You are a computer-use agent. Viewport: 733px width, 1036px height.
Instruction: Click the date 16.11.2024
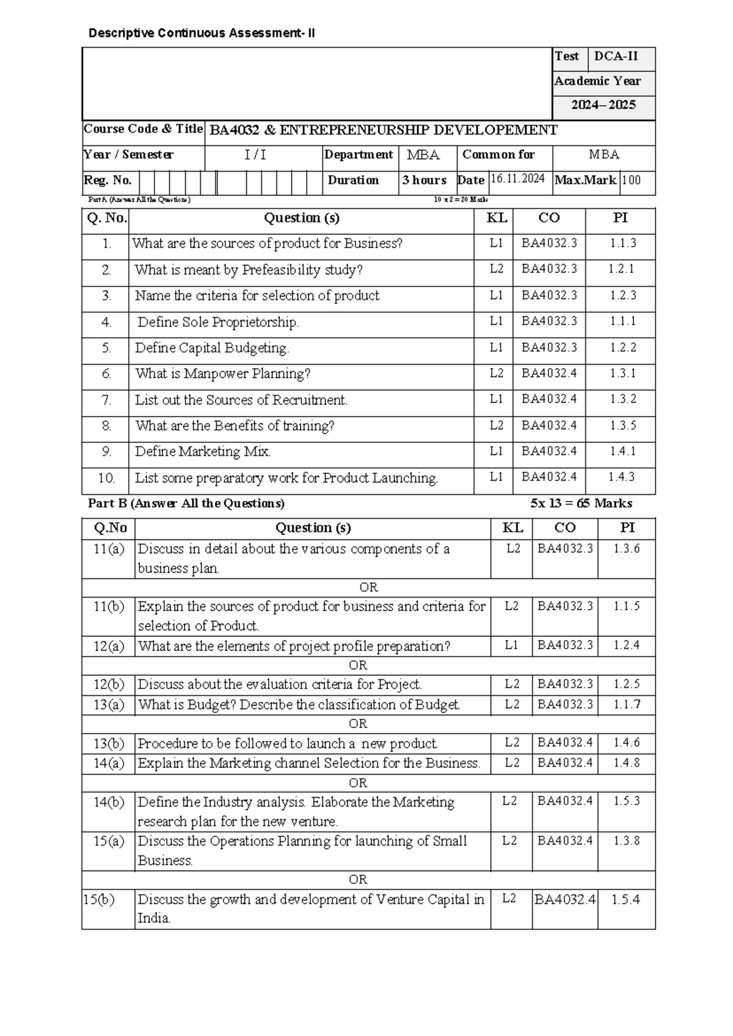[518, 179]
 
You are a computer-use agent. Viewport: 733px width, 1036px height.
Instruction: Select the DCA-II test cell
[616, 56]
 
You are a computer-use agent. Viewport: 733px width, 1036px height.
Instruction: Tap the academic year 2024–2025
[603, 105]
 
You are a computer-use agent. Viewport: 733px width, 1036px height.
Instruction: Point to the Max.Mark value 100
[632, 180]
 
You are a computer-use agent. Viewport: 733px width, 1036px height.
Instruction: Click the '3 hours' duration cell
[425, 180]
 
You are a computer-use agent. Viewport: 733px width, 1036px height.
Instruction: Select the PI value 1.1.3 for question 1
[622, 243]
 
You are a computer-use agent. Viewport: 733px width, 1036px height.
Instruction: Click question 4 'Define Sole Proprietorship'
[218, 322]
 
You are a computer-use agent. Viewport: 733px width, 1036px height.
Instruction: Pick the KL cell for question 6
[496, 373]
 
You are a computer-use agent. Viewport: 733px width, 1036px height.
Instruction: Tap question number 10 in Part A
[106, 478]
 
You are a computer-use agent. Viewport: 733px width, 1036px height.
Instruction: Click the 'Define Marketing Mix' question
[203, 451]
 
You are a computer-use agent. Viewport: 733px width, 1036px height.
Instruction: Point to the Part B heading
[186, 503]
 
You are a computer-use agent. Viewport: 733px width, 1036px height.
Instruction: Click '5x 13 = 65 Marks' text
[581, 503]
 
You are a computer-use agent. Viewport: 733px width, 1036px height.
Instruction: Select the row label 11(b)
[109, 607]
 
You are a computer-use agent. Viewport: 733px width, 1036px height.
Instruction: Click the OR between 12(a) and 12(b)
[358, 665]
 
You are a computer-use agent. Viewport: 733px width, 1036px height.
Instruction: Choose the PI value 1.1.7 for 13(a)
[627, 704]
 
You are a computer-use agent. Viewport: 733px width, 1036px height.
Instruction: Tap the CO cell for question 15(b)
[565, 899]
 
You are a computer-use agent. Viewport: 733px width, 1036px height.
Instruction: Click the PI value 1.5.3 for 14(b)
[627, 801]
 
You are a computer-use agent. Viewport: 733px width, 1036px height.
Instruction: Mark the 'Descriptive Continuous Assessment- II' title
[202, 33]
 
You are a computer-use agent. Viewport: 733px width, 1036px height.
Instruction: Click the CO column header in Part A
[549, 218]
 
